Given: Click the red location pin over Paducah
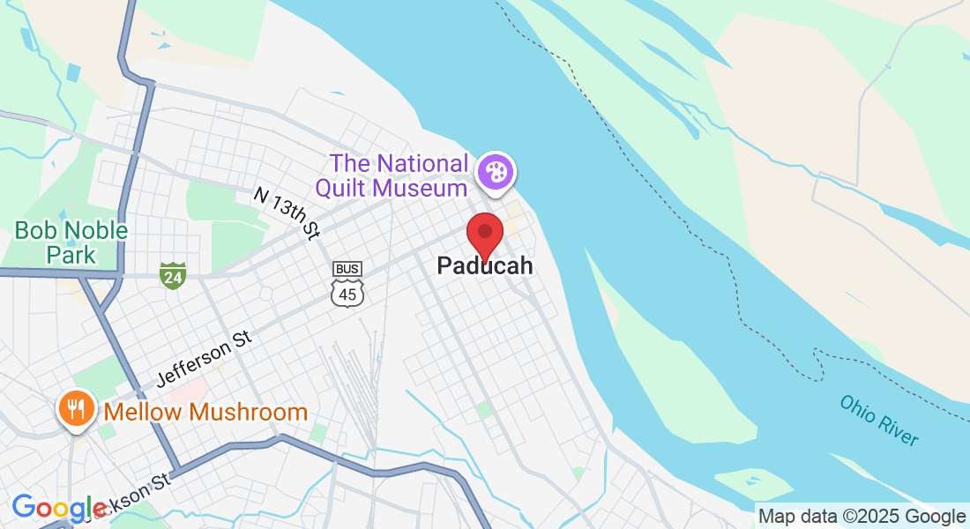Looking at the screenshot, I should pos(484,233).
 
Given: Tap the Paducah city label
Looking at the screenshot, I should pos(485,266).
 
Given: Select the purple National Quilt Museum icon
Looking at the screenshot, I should pos(496,171).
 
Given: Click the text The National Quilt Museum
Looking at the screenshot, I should pos(399,175).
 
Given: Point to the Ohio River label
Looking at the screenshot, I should pos(879,420).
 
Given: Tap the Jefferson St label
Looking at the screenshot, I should pos(204,360).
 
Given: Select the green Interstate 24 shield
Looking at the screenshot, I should pos(173,275).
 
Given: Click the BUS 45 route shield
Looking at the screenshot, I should pos(347,285).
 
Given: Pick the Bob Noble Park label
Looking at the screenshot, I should pos(71,243).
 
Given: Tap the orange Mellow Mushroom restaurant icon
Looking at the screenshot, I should pos(76,409).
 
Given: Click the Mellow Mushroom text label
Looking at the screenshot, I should pos(205,412).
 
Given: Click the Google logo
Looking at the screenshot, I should pos(59,508).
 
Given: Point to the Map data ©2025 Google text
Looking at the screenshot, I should pos(862,517).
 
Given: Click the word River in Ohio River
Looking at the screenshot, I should pos(898,430).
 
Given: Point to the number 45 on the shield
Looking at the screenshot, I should pos(347,294).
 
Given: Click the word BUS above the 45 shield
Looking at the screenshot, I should pos(347,268).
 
